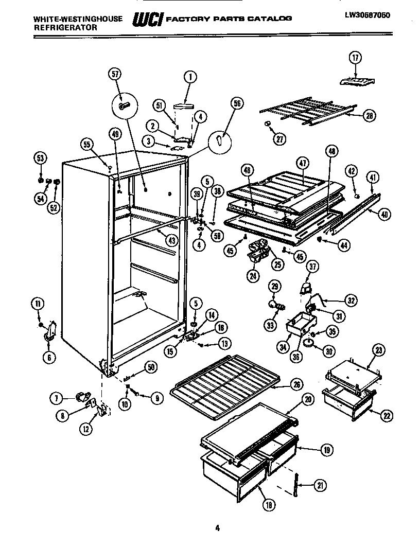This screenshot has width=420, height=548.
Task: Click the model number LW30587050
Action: pos(367,15)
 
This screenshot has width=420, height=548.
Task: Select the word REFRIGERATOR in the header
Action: pos(65,28)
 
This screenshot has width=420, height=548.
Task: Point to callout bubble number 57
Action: pos(115,74)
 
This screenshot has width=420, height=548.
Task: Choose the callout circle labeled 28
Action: pos(368,116)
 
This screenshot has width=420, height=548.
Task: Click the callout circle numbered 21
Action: pos(320,485)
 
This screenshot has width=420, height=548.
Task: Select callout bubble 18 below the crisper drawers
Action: pos(268,505)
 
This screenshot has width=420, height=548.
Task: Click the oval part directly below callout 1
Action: pos(184,105)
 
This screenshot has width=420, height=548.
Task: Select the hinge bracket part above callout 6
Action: pos(49,330)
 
